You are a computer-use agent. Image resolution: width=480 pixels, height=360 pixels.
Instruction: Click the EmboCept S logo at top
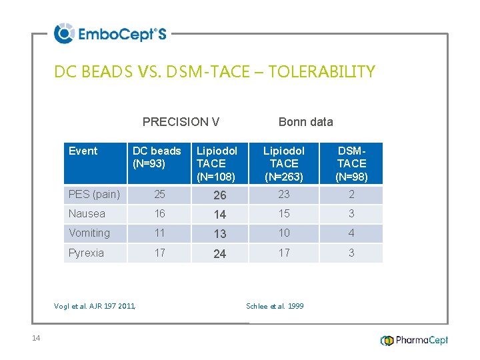click(x=110, y=33)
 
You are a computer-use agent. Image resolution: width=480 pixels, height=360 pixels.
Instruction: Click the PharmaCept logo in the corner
click(x=414, y=340)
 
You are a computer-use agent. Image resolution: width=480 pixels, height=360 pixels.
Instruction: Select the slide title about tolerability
click(x=215, y=71)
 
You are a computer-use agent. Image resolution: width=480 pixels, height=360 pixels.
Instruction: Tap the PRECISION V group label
click(x=181, y=121)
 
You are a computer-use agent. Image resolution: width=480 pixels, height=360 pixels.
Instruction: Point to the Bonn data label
click(x=305, y=121)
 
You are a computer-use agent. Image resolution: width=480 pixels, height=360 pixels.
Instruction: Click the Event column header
click(x=83, y=151)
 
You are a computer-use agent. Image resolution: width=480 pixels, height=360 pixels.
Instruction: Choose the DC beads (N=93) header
click(x=157, y=157)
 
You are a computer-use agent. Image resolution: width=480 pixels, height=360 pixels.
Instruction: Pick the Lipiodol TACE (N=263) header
click(x=284, y=163)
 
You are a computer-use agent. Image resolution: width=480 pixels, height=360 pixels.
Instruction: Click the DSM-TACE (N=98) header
click(x=351, y=163)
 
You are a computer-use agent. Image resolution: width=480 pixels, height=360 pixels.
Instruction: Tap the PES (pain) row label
click(x=94, y=195)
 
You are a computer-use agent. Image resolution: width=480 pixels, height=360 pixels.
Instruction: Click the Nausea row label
click(x=87, y=214)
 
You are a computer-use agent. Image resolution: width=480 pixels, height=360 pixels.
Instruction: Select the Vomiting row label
click(x=89, y=233)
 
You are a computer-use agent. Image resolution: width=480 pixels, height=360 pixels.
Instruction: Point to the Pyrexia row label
click(x=86, y=253)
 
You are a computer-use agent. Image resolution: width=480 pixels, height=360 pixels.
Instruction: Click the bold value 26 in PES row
click(x=219, y=195)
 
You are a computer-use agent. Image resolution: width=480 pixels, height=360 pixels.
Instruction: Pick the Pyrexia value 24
click(x=219, y=253)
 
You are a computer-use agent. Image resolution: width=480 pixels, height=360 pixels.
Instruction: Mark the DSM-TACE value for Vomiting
click(x=351, y=233)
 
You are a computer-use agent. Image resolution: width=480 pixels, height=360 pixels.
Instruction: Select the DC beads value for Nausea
click(x=159, y=214)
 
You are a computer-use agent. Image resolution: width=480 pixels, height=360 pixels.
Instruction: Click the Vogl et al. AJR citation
click(x=95, y=306)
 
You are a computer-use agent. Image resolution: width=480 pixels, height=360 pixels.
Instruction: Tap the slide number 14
click(x=36, y=338)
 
